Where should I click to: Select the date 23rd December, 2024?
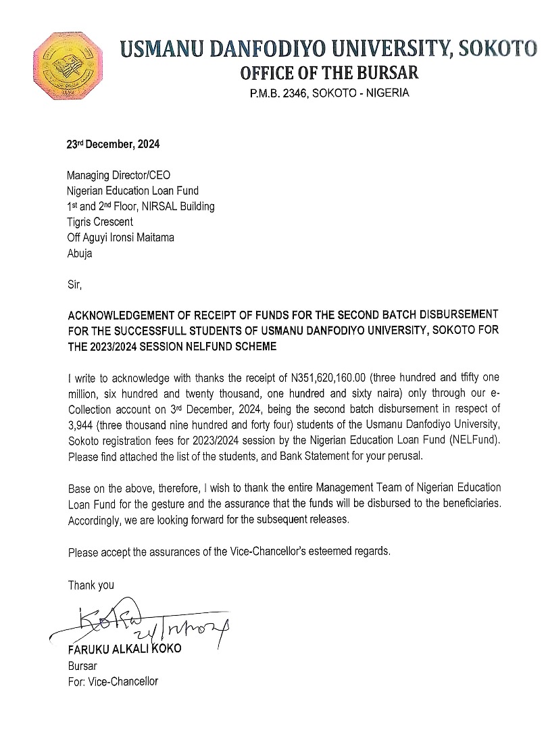pos(112,144)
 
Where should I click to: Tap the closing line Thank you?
pos(91,585)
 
